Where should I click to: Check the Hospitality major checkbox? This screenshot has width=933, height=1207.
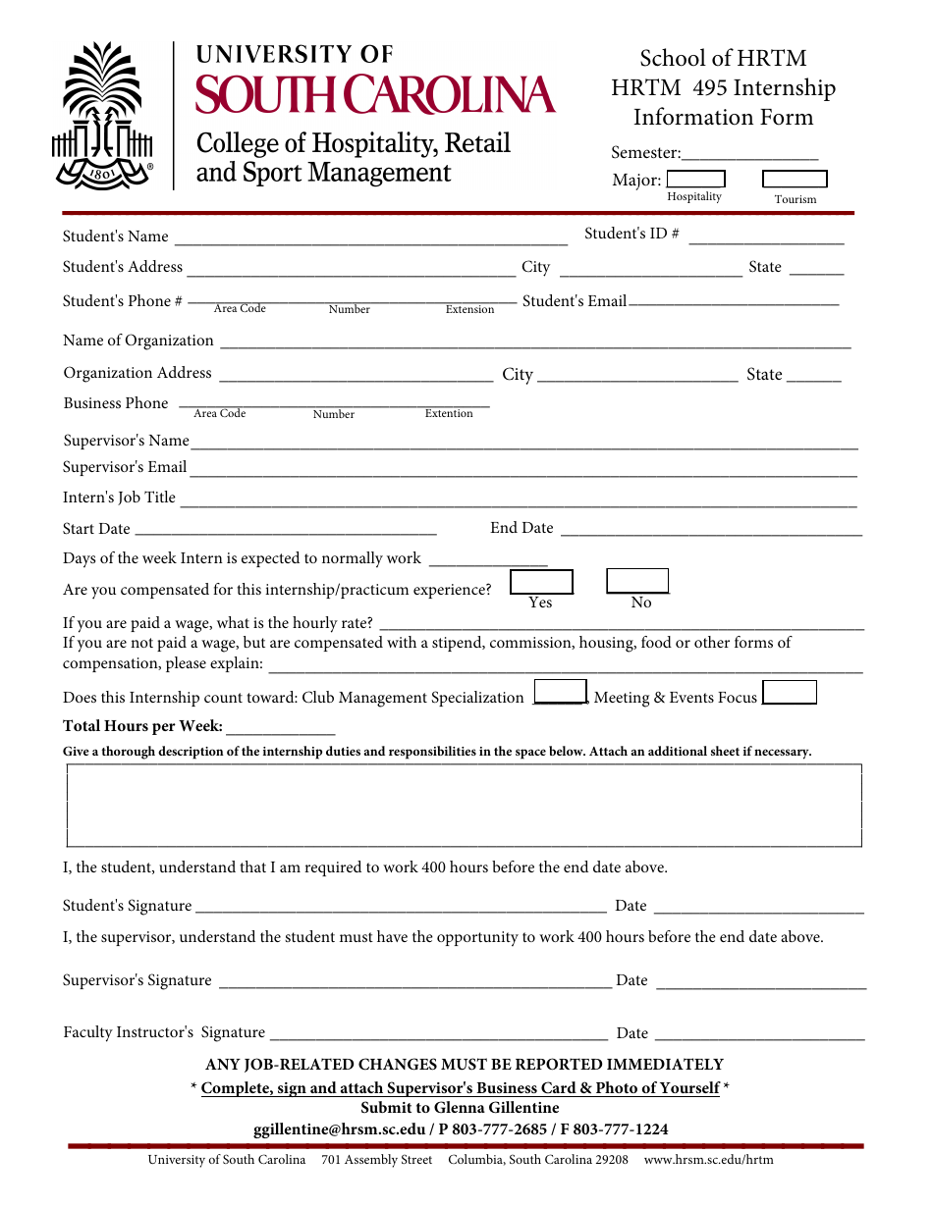pyautogui.click(x=695, y=179)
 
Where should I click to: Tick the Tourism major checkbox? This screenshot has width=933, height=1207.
pyautogui.click(x=795, y=179)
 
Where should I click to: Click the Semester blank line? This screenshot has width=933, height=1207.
pyautogui.click(x=749, y=154)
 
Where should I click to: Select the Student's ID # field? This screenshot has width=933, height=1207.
pyautogui.click(x=766, y=236)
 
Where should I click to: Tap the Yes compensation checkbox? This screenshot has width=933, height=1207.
pyautogui.click(x=541, y=582)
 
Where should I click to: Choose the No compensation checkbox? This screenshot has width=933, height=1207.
pyautogui.click(x=637, y=581)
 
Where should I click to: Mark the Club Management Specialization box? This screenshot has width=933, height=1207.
pyautogui.click(x=560, y=692)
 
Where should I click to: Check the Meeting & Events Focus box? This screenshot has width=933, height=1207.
pyautogui.click(x=790, y=693)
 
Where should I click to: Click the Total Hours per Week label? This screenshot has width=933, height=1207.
pyautogui.click(x=143, y=727)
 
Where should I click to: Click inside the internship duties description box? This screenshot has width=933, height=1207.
pyautogui.click(x=464, y=805)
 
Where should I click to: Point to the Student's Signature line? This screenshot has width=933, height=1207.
pyautogui.click(x=400, y=907)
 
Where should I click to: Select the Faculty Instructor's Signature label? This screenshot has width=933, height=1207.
pyautogui.click(x=164, y=1032)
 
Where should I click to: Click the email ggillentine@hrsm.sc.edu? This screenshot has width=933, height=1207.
pyautogui.click(x=339, y=1129)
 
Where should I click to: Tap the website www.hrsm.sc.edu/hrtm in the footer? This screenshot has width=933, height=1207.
pyautogui.click(x=708, y=1160)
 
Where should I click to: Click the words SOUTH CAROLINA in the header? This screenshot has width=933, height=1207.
pyautogui.click(x=375, y=94)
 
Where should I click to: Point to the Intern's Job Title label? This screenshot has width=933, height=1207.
pyautogui.click(x=119, y=498)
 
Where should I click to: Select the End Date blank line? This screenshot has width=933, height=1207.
pyautogui.click(x=710, y=530)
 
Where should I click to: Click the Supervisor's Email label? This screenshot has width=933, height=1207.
pyautogui.click(x=125, y=467)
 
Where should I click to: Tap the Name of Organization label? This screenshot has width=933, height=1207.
pyautogui.click(x=138, y=341)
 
